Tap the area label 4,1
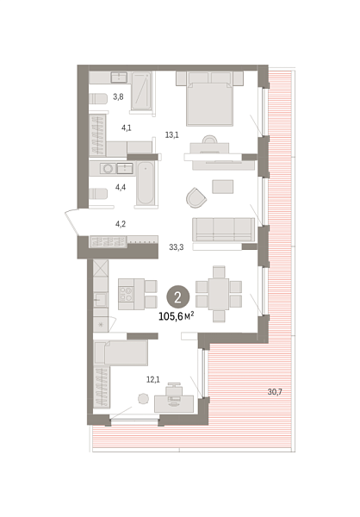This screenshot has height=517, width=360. point(127,128)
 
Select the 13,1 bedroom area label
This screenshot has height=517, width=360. point(171,134)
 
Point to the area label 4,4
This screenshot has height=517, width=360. point(121,187)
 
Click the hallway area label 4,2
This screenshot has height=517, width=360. point(121,226)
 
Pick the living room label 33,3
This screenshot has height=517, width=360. point(177,247)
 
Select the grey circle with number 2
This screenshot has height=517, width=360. point(177,297)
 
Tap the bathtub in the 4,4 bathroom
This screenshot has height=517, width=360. point(146,184)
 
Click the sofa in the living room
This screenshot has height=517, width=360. point(223,230)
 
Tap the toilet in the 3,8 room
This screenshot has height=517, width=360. point(99,97)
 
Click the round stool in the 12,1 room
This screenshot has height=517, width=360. point(143,398)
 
